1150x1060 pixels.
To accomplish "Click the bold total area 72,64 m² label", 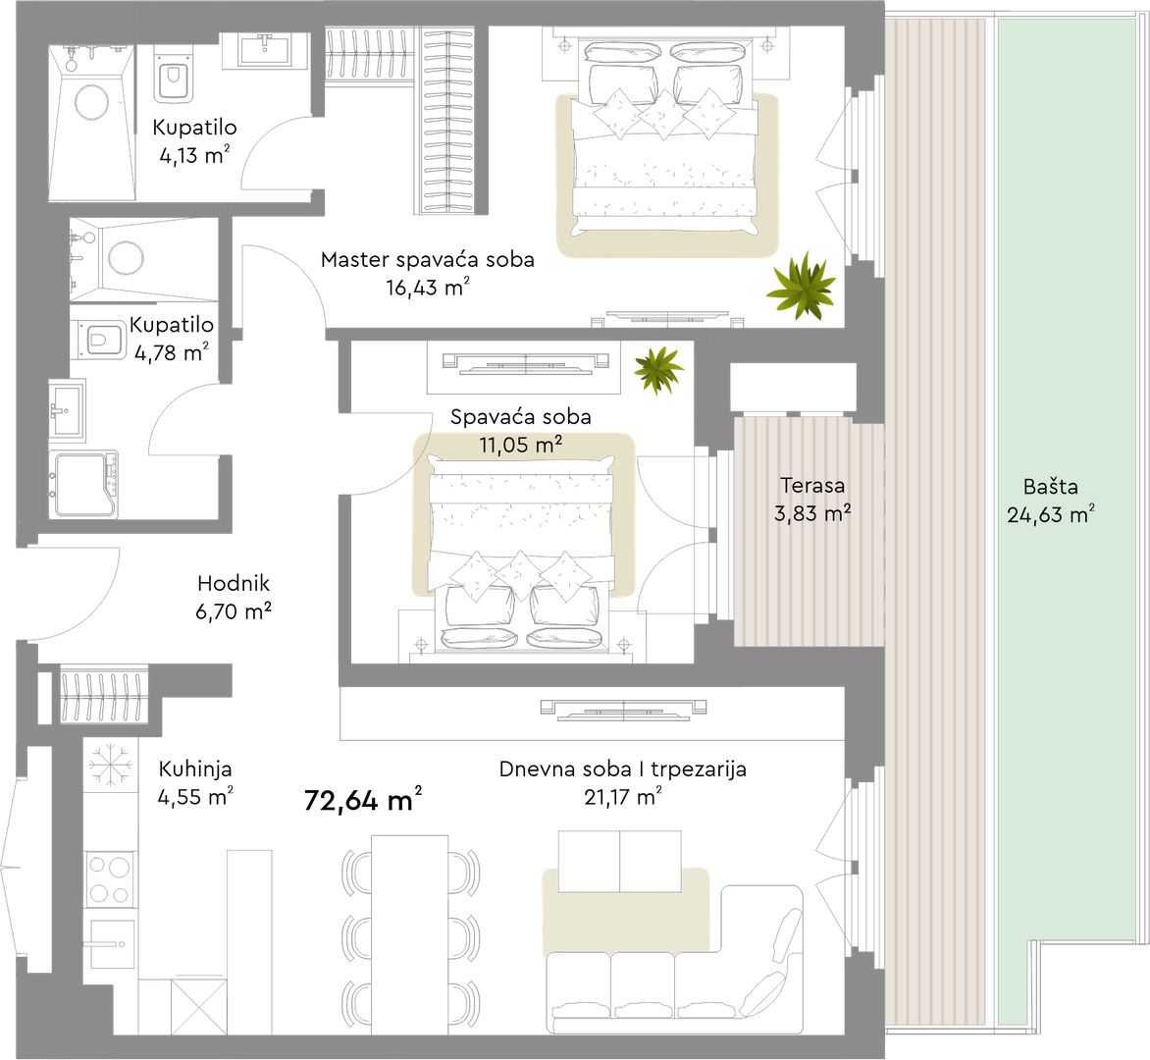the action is click(x=363, y=799).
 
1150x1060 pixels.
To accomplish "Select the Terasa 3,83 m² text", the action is click(x=812, y=499).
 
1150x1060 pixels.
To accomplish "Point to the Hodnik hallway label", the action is click(x=234, y=583).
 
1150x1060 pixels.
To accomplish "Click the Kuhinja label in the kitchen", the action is click(x=195, y=768).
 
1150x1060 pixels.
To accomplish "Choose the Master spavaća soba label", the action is click(x=428, y=259).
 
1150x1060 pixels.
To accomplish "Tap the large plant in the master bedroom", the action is click(x=801, y=286).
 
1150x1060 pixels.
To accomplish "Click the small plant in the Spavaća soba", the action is click(x=658, y=370).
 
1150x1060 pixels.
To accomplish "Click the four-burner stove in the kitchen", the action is click(x=109, y=878).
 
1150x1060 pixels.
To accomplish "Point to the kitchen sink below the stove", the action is click(x=109, y=943).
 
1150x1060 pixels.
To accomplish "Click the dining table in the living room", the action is click(x=410, y=933).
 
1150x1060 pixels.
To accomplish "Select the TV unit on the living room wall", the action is click(x=623, y=709).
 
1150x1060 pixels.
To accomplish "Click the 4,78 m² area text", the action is click(x=172, y=353).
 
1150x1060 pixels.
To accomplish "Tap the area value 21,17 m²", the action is click(x=623, y=797).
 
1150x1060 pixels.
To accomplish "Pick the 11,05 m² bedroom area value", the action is click(x=521, y=444).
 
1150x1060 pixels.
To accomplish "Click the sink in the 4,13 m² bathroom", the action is click(x=266, y=49).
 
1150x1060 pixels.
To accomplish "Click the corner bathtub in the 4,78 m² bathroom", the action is click(x=83, y=485).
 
